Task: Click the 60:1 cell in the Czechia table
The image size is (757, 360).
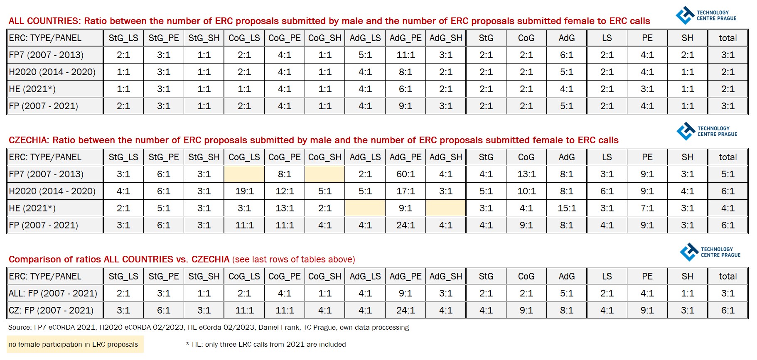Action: click(x=406, y=174)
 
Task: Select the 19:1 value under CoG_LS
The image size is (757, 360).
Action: click(x=244, y=191)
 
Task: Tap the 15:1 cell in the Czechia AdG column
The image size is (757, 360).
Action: click(x=567, y=208)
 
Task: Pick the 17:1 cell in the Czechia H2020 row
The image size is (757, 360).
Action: click(x=406, y=191)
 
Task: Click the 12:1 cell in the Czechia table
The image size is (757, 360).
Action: click(x=285, y=191)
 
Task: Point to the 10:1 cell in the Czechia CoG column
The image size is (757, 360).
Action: click(x=526, y=191)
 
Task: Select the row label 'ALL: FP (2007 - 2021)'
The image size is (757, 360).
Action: click(x=53, y=294)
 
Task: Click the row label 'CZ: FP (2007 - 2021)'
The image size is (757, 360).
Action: click(x=51, y=311)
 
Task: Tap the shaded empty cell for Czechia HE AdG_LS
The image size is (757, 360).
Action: click(x=365, y=208)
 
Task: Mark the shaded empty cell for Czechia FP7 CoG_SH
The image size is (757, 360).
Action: click(x=325, y=174)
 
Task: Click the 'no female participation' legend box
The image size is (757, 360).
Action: click(x=75, y=344)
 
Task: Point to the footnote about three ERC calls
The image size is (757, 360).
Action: click(x=266, y=344)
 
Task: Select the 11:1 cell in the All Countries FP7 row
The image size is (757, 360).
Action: click(x=406, y=55)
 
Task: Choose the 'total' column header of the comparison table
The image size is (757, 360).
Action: click(x=728, y=277)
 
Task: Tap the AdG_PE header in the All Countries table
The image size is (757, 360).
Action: click(x=406, y=38)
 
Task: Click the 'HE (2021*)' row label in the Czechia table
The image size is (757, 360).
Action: click(x=32, y=208)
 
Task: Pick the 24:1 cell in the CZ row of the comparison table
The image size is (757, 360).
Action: click(x=406, y=311)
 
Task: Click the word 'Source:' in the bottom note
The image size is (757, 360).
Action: click(x=20, y=327)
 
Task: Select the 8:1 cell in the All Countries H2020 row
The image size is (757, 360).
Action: click(x=406, y=72)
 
